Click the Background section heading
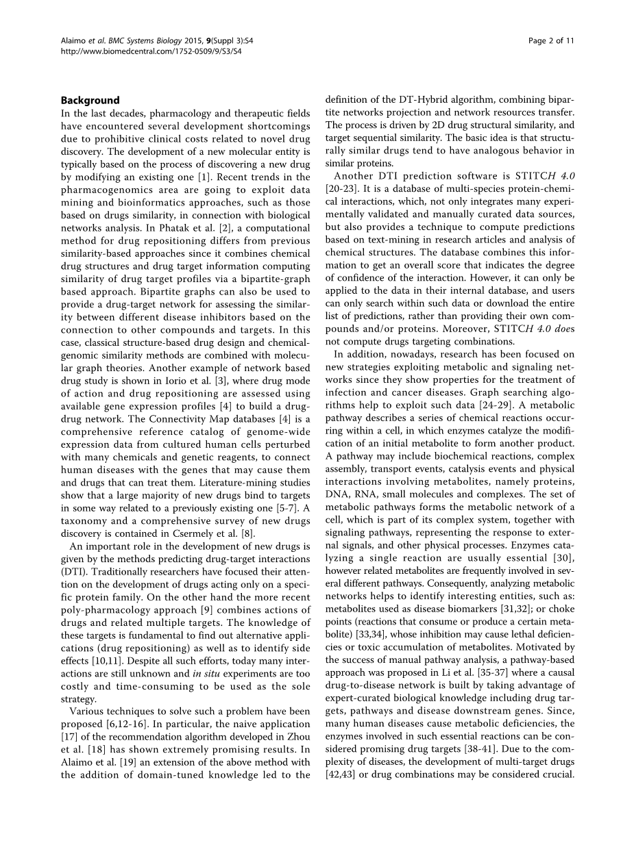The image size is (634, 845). [x=90, y=100]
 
